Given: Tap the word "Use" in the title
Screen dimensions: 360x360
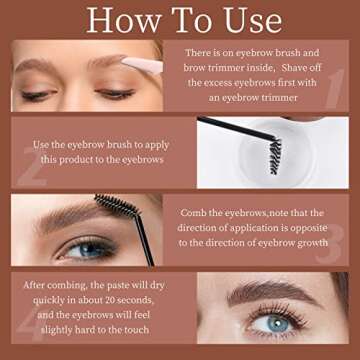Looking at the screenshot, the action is click(253, 20).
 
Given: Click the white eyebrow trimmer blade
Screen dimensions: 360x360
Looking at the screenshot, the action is click(143, 64).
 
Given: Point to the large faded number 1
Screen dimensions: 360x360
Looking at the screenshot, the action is click(335, 89).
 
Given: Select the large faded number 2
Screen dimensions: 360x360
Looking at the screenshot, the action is click(32, 167).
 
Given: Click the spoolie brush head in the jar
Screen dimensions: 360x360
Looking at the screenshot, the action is click(275, 156).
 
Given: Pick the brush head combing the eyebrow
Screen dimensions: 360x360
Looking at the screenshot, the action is click(116, 205).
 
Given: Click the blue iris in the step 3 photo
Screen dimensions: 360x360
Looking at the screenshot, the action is click(88, 249).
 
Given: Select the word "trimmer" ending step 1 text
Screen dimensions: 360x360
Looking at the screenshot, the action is click(280, 98).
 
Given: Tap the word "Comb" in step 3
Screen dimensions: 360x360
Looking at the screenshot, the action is click(194, 213).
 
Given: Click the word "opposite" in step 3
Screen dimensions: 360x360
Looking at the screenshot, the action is click(308, 228).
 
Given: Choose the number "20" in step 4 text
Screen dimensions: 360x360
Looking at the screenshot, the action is click(111, 300).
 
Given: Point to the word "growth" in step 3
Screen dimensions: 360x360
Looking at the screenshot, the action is click(312, 243).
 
